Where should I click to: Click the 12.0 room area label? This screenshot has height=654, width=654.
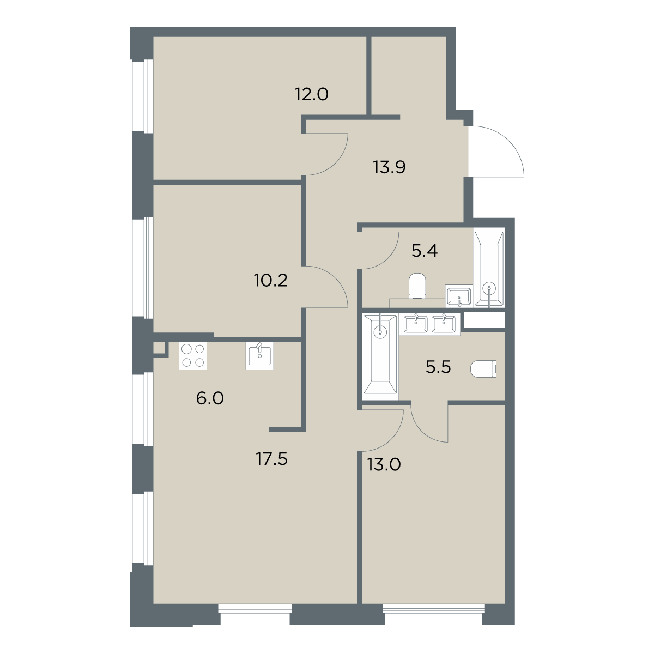tap(312, 94)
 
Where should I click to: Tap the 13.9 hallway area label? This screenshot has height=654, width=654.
tap(389, 167)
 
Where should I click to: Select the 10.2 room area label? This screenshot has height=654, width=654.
tap(270, 280)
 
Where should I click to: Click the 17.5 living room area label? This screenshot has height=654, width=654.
tap(271, 459)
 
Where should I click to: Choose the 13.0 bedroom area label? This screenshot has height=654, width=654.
tap(384, 465)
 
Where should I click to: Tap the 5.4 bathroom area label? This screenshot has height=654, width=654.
tap(425, 251)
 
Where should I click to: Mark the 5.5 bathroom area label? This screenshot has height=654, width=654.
tap(438, 367)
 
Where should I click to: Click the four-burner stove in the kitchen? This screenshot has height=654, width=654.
tap(192, 356)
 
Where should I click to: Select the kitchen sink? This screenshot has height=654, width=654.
tap(259, 356)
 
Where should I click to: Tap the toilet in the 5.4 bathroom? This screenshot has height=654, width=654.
tap(417, 286)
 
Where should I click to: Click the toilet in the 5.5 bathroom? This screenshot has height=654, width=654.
tap(483, 370)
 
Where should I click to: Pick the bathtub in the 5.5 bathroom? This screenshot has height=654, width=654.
tap(380, 354)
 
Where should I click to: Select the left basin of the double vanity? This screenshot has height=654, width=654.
tap(415, 324)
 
